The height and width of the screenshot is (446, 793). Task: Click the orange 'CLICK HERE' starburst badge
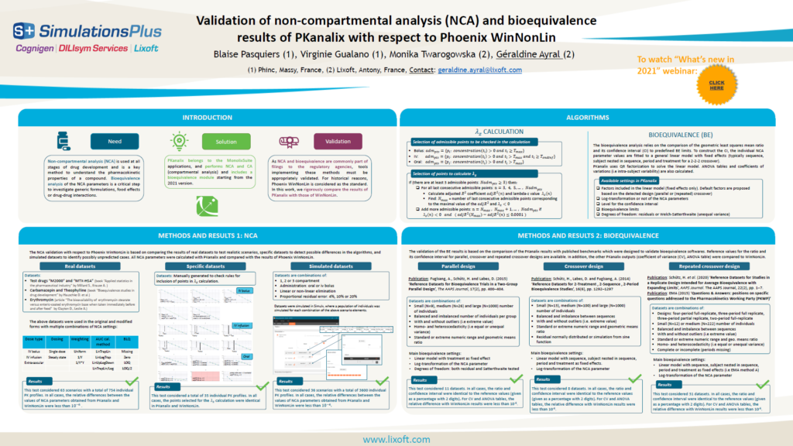coord(716,84)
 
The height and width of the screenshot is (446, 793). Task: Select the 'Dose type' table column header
coord(34,340)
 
